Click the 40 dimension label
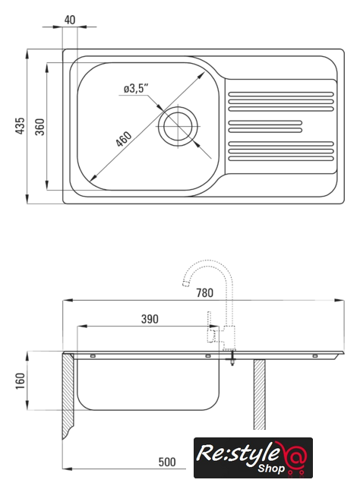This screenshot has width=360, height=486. click(70, 21)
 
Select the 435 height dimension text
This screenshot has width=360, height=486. click(20, 125)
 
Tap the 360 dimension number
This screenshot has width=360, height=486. click(39, 127)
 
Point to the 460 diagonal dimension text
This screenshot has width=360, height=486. click(124, 139)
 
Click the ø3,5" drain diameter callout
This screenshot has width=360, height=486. click(136, 89)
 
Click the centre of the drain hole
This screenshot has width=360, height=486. click(178, 127)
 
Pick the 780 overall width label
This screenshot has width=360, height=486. click(204, 293)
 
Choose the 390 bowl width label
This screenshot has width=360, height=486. click(150, 319)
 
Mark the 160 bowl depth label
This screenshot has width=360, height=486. click(21, 381)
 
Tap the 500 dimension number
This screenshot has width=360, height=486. click(167, 462)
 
